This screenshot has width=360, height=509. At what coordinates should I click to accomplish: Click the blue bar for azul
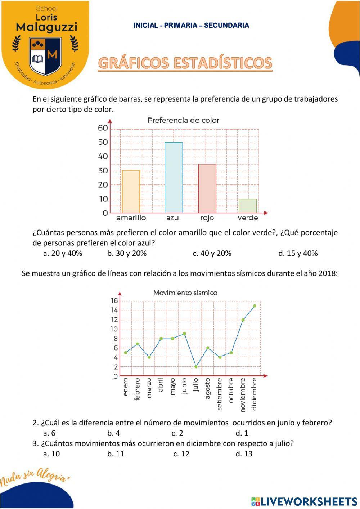[174, 178]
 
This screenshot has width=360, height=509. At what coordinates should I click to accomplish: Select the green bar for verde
[248, 206]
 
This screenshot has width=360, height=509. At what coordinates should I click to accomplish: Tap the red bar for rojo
[207, 188]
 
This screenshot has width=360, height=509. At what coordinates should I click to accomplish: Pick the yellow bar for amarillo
[131, 191]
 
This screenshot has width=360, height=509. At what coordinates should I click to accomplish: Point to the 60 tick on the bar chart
[103, 128]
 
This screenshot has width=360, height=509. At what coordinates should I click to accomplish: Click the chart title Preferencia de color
[183, 120]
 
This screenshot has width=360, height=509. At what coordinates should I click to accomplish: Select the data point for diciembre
[255, 306]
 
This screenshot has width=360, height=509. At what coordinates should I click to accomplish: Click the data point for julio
[196, 367]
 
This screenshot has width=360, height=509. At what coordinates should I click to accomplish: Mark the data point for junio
[184, 334]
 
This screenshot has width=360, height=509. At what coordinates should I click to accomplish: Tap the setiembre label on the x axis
[220, 394]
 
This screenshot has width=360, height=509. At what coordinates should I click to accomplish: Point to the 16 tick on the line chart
[114, 301]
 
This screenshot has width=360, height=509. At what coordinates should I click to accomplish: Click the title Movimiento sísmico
[185, 293]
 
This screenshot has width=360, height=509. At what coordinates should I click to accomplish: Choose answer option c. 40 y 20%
[212, 253]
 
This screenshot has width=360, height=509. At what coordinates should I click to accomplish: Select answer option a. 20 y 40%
[63, 253]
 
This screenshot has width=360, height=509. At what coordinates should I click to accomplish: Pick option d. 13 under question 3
[244, 454]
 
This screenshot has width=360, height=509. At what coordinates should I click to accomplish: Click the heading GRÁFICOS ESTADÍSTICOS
[185, 63]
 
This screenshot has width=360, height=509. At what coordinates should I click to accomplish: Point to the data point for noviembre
[243, 320]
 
